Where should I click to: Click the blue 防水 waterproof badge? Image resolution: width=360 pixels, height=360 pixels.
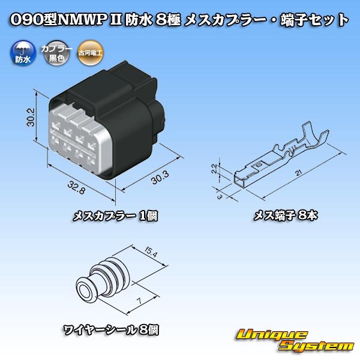[22, 54]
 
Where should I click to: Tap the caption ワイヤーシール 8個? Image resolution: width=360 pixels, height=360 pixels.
[112, 329]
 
